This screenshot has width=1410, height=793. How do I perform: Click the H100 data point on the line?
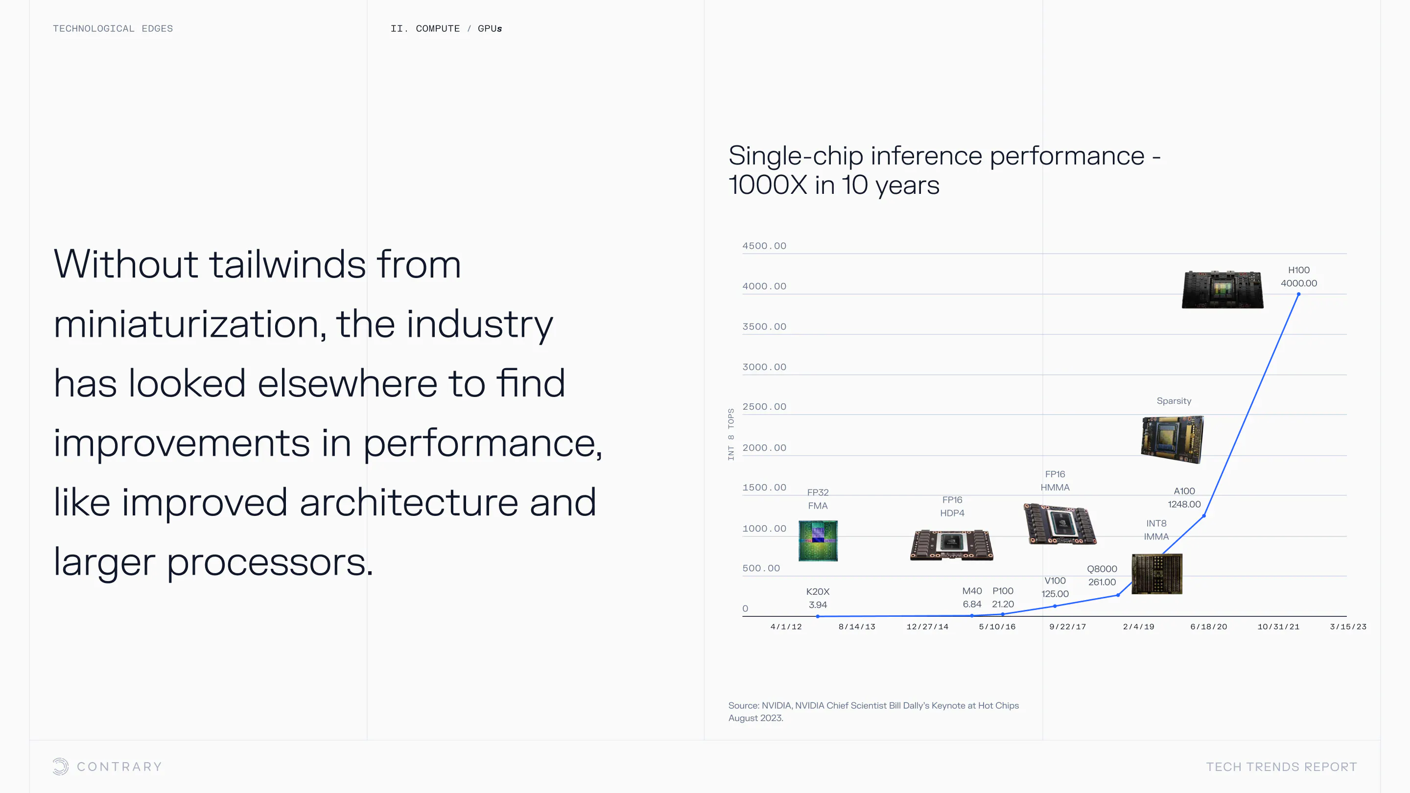point(1298,294)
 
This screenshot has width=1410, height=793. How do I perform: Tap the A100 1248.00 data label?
point(1184,497)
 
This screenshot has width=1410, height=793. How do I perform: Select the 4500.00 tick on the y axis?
point(764,246)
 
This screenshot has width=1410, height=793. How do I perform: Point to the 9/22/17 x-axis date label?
point(1067,627)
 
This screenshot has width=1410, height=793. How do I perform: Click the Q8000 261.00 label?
point(1102,575)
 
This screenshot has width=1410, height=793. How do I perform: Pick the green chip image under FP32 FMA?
point(818,541)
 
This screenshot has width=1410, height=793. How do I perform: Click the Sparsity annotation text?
point(1174,400)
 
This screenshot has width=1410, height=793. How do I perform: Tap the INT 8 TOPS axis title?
point(731,434)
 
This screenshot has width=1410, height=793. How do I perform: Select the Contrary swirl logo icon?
point(61,766)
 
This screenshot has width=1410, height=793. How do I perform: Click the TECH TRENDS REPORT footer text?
point(1281,767)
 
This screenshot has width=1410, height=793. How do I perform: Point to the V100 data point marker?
point(1055,606)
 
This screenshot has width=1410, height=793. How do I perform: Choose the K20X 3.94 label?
point(818,598)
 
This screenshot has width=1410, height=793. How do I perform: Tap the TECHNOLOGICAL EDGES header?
point(113,28)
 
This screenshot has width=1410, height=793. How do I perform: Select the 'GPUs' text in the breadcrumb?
point(490,28)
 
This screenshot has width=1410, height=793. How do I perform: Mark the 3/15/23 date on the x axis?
point(1348,627)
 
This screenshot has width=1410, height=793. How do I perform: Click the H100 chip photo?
point(1222,289)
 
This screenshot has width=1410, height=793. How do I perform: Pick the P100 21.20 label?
point(1003,598)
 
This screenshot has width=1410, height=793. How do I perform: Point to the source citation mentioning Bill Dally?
point(873,711)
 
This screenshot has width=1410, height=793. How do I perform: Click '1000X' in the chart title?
point(767,185)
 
